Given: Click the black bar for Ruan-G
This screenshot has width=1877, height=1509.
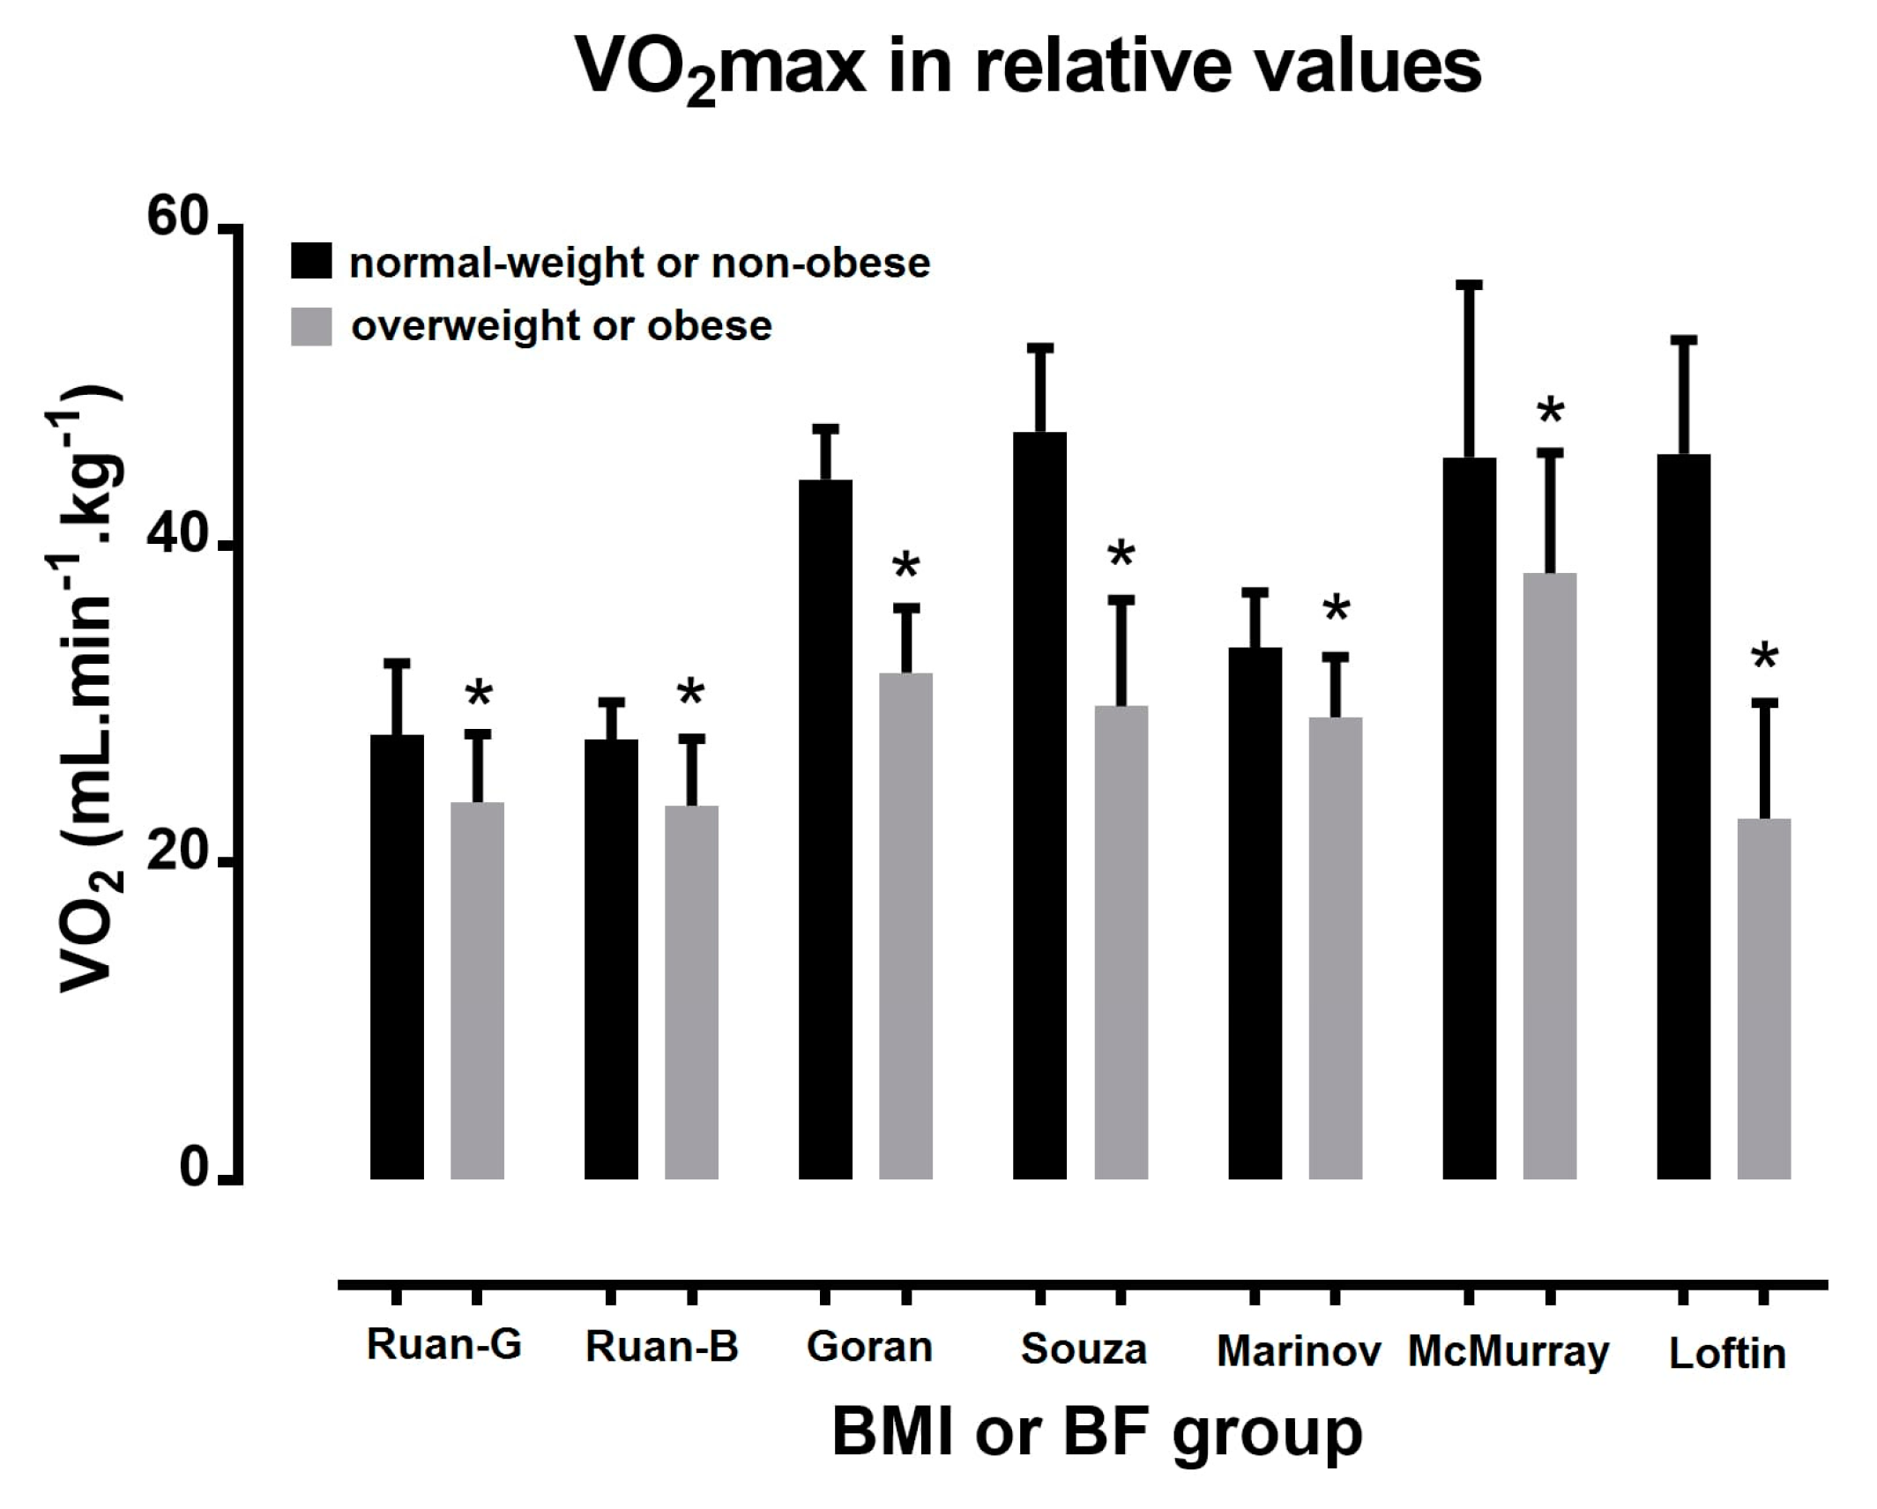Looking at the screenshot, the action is pos(397,956).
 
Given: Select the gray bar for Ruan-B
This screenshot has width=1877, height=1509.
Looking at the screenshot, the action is pos(691,992).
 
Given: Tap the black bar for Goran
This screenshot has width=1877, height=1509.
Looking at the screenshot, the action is pos(825,829).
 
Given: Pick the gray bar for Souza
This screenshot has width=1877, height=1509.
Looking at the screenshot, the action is pos(1121,942).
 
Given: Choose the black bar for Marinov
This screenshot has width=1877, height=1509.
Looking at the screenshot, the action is pos(1255,913).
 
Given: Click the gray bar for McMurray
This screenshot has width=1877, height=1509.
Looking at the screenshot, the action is pos(1550,876).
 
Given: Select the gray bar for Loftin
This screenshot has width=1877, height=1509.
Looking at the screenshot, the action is pos(1764,999).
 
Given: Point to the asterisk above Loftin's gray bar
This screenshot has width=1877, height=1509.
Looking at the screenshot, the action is pos(1764,657).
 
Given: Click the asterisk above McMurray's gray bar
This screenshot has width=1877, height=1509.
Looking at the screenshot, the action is pos(1550,412).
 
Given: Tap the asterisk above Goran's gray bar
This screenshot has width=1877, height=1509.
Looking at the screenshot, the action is pos(905,566).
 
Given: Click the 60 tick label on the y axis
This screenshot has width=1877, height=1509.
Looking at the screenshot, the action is pos(176,218).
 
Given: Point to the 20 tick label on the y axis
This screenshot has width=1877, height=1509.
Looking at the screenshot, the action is pos(176,855).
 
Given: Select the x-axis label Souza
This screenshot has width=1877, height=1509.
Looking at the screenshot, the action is pos(1084,1349).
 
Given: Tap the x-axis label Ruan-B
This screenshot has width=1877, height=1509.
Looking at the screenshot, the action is pos(661,1348).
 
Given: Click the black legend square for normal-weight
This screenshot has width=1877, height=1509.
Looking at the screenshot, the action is pos(311,261).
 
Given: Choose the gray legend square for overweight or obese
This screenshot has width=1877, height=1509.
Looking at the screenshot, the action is pos(311,326).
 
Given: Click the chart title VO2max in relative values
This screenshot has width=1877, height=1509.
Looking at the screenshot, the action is pos(1028,69).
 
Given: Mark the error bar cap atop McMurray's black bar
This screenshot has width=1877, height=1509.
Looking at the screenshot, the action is pos(1470,285).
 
